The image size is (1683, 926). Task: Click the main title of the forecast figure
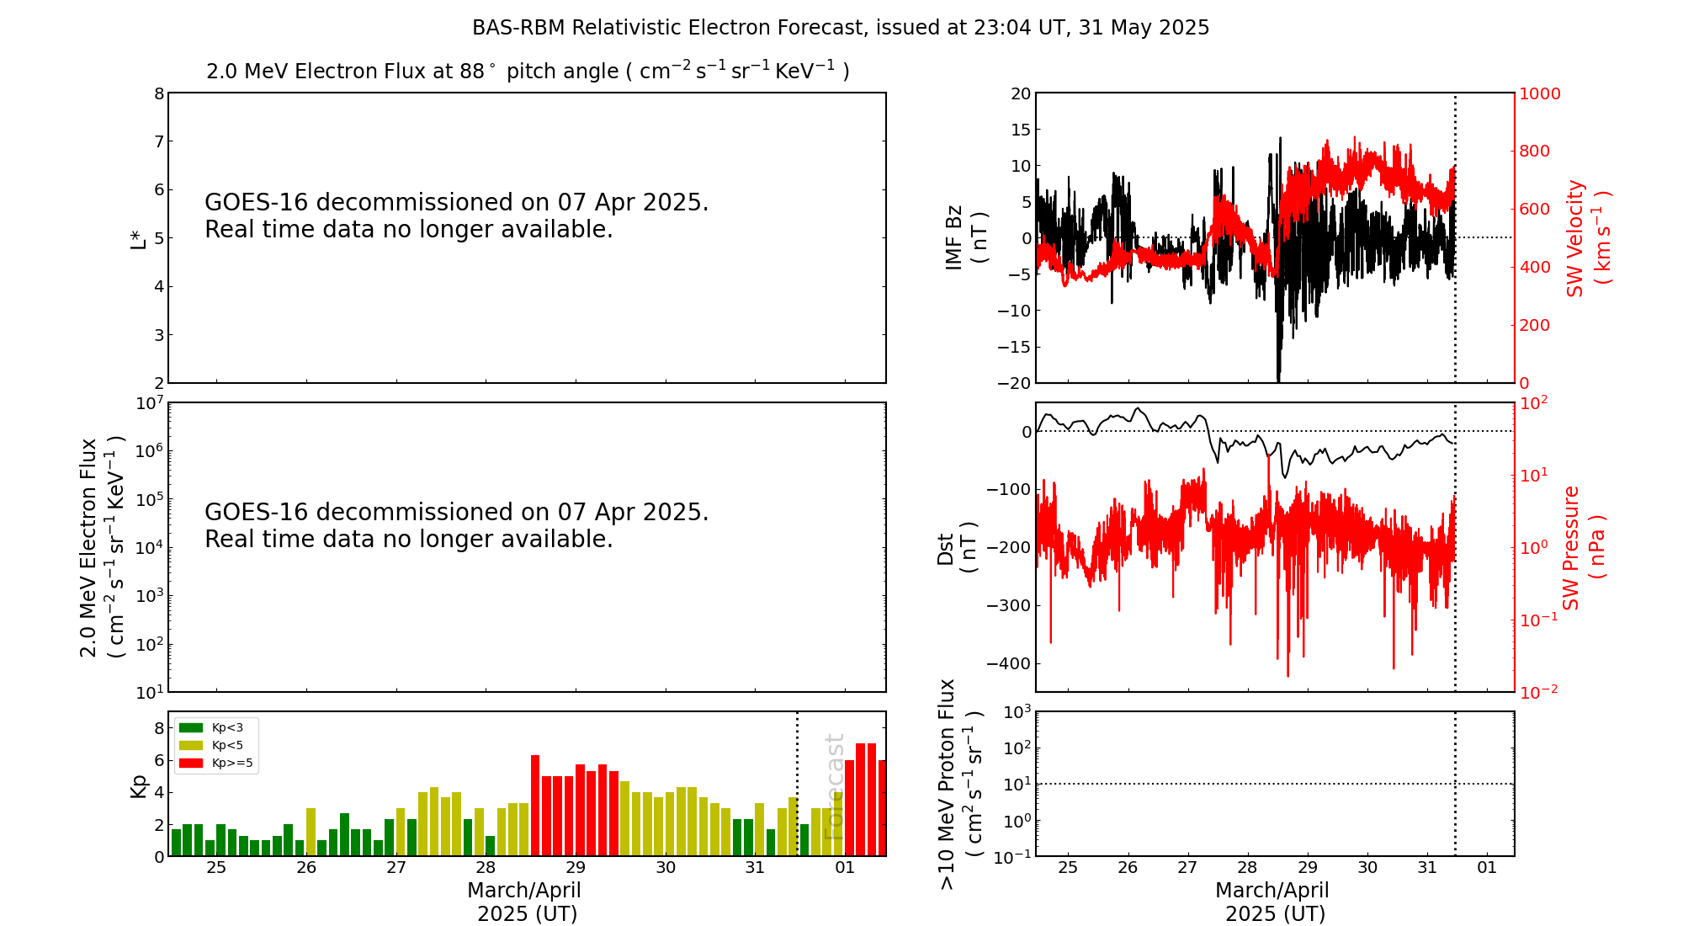(841, 28)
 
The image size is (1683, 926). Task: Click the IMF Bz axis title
(965, 237)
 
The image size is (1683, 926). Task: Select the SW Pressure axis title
(1583, 547)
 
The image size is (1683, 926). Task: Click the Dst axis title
(957, 547)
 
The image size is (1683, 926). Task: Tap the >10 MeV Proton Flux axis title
(960, 784)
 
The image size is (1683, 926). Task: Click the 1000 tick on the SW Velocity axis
(1539, 93)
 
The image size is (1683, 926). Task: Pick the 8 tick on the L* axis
(159, 93)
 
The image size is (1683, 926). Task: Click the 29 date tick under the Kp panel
(576, 868)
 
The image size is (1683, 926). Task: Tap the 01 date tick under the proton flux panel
(1487, 868)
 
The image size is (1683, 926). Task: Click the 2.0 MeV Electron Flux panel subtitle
(528, 71)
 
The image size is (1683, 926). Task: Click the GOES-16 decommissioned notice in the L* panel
(456, 216)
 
